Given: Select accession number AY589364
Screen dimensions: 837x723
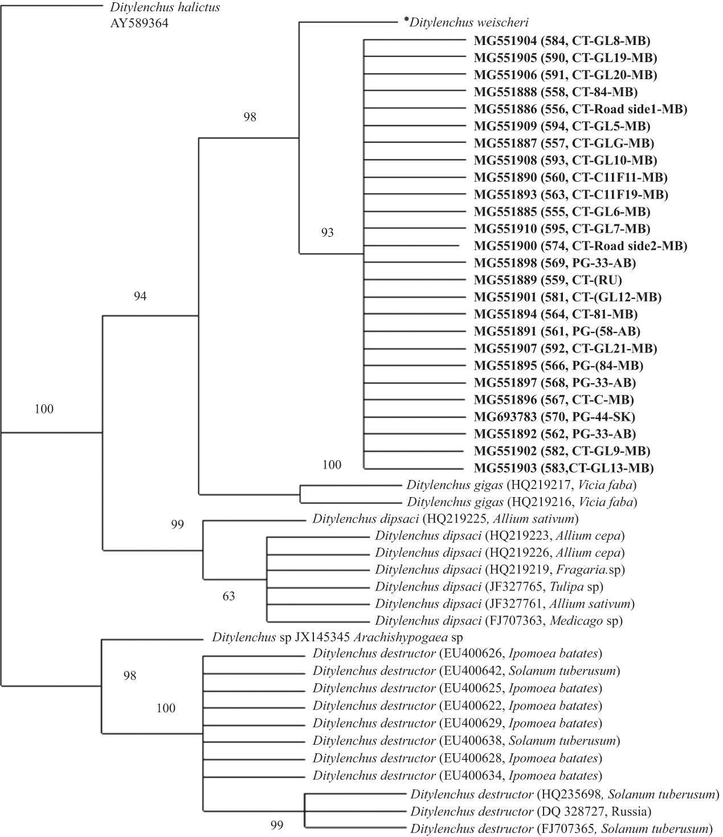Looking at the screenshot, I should pyautogui.click(x=140, y=24).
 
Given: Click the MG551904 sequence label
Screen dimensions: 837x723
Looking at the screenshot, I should pyautogui.click(x=562, y=40).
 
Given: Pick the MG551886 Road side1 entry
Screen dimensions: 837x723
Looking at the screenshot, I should pyautogui.click(x=580, y=109).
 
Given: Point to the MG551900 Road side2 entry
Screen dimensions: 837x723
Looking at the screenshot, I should pyautogui.click(x=580, y=246).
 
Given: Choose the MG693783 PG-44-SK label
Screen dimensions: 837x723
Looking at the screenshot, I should pyautogui.click(x=554, y=417).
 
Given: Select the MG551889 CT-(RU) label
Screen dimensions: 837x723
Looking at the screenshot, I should pyautogui.click(x=548, y=280).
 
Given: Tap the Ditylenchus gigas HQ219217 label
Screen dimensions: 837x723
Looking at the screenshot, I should pyautogui.click(x=521, y=485).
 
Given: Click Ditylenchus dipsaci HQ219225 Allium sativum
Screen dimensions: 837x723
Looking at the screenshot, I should pyautogui.click(x=446, y=519).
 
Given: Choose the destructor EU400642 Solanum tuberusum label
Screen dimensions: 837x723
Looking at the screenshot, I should pyautogui.click(x=466, y=671).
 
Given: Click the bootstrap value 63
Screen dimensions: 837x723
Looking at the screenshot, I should pyautogui.click(x=228, y=597).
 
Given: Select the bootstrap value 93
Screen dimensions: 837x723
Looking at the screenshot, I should pyautogui.click(x=327, y=232).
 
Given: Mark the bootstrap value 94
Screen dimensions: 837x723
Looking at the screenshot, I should pyautogui.click(x=140, y=296).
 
